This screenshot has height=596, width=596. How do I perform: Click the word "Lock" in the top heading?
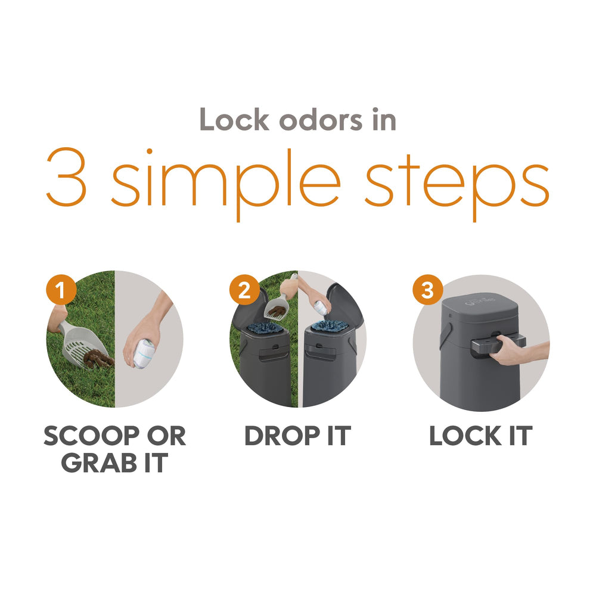click(x=234, y=120)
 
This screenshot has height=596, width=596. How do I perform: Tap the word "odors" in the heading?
click(x=321, y=120)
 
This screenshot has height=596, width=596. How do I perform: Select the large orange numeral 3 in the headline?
click(x=67, y=177)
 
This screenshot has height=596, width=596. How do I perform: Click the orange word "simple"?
click(x=225, y=183)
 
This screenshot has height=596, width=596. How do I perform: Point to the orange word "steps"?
click(x=457, y=185)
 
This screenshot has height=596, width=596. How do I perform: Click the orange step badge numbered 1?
click(x=61, y=290)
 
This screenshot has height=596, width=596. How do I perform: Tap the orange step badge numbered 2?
click(x=244, y=290)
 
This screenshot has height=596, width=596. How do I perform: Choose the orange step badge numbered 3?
click(x=428, y=290)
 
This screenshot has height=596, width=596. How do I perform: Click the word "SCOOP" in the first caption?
click(x=91, y=436)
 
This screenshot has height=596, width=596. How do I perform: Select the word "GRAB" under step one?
click(x=99, y=463)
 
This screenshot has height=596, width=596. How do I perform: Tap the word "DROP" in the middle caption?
click(x=282, y=436)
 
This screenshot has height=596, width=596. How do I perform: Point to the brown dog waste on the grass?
click(x=98, y=359)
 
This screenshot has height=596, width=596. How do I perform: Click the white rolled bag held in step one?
click(x=143, y=353)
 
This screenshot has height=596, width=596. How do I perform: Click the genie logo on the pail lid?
click(x=480, y=301)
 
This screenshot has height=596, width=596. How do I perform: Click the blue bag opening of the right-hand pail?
click(x=329, y=326)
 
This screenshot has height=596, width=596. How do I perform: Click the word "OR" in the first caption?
click(x=166, y=436)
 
